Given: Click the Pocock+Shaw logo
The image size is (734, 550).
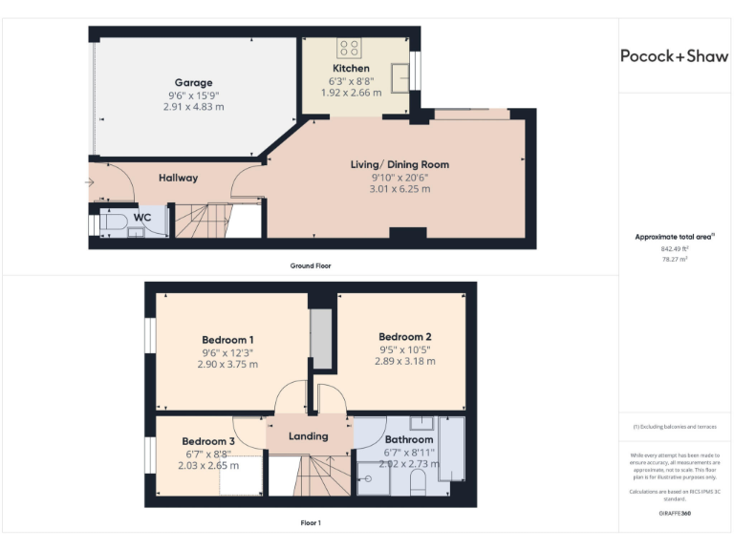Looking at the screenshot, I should coord(674,55).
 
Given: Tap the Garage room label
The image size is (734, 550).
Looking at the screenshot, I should coord(193,83).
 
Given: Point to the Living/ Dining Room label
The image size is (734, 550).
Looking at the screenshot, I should coord(399,164).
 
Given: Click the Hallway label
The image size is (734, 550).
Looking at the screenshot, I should coord(178,179).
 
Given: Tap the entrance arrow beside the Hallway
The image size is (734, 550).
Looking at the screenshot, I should coord(90,181).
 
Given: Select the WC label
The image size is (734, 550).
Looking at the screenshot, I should coord(141,218).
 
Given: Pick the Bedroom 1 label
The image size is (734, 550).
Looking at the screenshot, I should coord(227,340).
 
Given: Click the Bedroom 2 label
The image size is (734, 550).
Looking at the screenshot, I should coord(404,336).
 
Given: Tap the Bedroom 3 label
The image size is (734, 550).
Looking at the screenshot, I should coord(207,441).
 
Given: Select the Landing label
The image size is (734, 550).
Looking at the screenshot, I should coord(308,436).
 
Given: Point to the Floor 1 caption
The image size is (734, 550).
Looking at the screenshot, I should coord(311,523).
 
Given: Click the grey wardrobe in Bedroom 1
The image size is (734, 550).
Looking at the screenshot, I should coord(322,339).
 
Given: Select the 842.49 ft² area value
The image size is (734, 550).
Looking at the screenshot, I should coord(674,248).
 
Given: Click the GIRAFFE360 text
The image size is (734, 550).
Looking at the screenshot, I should coord(674,514).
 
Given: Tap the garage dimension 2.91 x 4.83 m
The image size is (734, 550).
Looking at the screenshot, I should coord(193,107).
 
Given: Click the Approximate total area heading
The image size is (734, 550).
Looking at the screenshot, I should coord(674,236).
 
